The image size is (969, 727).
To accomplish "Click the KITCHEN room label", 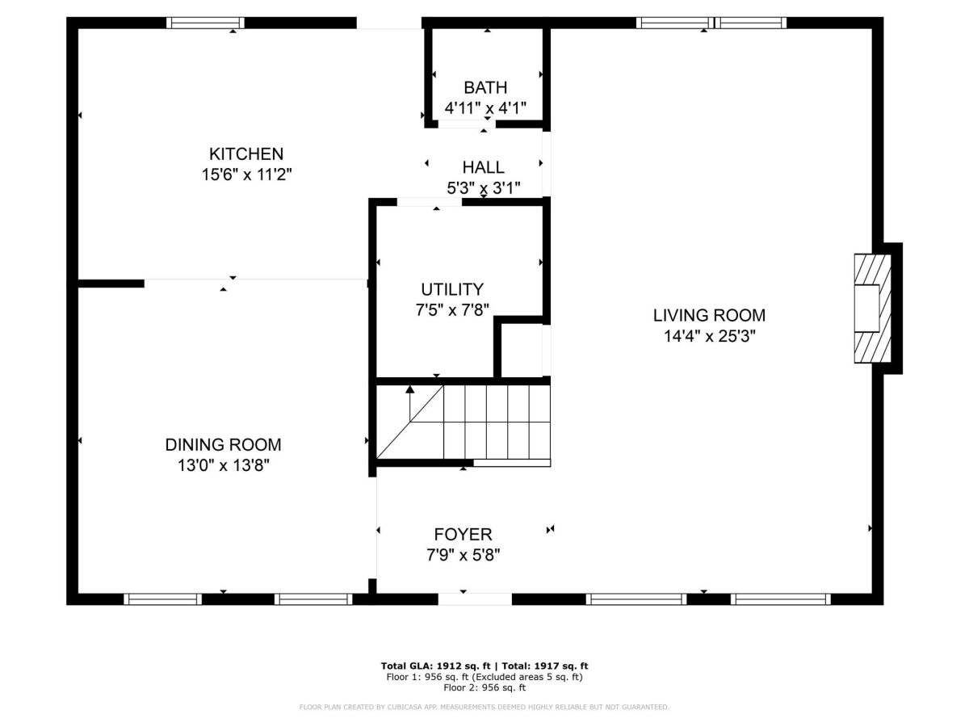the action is coord(246,154).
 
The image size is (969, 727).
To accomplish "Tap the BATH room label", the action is coord(485,88).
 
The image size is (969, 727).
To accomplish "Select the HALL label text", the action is coord(483,167).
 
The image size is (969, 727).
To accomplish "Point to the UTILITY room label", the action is coord(452,289).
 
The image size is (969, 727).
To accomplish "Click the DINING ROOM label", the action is coord(223,444).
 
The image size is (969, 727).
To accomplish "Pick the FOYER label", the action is coord(463,535).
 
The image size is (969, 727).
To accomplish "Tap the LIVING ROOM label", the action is coord(709,316).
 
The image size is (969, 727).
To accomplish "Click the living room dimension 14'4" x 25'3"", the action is coord(710,336).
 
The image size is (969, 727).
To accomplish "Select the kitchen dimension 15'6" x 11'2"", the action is coord(246,174).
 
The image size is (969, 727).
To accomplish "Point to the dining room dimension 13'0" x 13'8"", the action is coord(223,465).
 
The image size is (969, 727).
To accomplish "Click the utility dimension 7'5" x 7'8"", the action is coord(452,310).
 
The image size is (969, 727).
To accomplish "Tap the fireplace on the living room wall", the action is coord(872,308).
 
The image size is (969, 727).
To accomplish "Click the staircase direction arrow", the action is coord(410,403).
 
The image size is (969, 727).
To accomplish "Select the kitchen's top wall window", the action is coord(205,23).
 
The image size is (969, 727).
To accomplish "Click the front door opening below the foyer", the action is coord(475,599).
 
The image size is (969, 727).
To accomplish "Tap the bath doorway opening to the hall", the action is coord(467,124).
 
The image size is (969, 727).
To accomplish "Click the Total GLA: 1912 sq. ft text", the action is coord(435,666).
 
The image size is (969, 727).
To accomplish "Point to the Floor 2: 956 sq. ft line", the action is coord(484,687).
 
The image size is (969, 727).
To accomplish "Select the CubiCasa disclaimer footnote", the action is coord(484,707).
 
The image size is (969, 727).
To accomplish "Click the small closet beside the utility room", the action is coord(522,351).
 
